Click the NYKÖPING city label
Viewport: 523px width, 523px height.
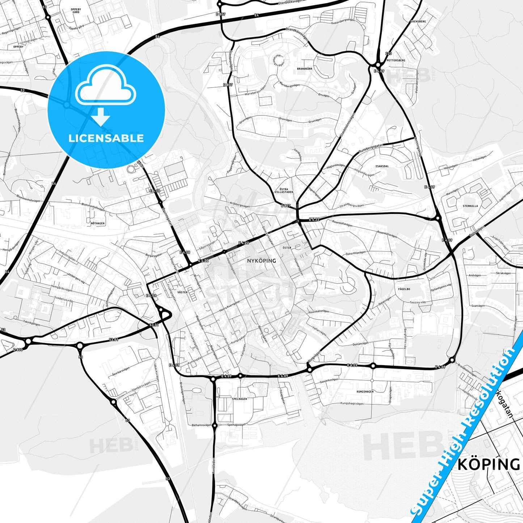(261, 261)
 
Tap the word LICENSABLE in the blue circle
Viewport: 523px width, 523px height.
(106, 138)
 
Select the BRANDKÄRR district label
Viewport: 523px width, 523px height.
(304, 68)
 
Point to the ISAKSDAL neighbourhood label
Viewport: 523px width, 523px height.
(382, 166)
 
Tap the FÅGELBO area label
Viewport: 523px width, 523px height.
(404, 289)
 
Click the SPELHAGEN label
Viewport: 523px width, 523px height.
(240, 398)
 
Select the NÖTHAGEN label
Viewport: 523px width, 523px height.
(98, 223)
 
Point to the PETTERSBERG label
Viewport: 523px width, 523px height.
(396, 60)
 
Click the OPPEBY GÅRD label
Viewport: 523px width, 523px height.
(76, 10)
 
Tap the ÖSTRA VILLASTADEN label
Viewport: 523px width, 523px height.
(286, 190)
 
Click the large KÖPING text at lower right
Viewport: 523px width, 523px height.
(488, 464)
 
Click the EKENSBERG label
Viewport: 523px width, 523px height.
(418, 21)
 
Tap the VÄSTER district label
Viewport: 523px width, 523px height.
(182, 292)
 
